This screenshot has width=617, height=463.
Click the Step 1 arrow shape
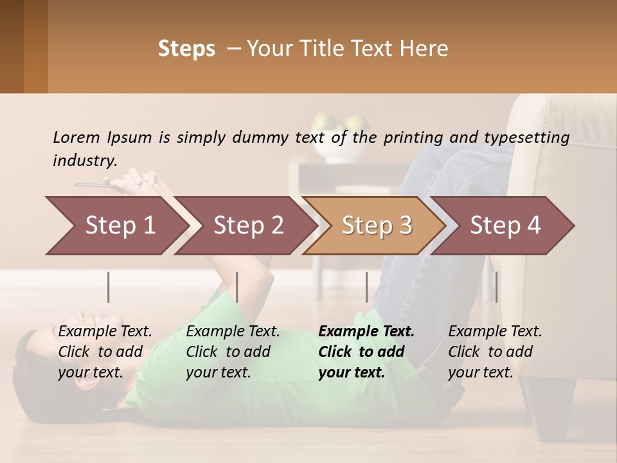[x=120, y=225]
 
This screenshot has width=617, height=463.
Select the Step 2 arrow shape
[x=248, y=225]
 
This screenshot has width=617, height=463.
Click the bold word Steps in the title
[x=186, y=49]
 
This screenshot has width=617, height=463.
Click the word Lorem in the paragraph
[x=76, y=137]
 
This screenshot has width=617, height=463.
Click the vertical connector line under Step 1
[x=108, y=287]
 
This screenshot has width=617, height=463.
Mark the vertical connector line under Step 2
[x=237, y=287]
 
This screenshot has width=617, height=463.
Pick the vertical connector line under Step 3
[x=367, y=287]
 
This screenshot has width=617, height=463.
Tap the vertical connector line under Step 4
[x=497, y=287]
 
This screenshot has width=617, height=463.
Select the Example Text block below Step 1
[x=105, y=352]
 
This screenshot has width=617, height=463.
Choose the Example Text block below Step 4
[x=495, y=352]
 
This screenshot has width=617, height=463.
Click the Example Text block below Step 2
[x=233, y=352]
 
